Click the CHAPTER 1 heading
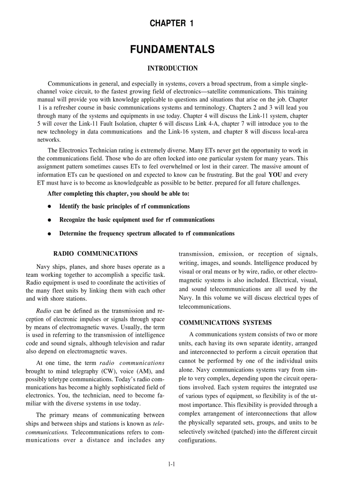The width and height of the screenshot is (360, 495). coord(172,23)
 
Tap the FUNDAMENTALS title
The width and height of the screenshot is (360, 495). coord(172,50)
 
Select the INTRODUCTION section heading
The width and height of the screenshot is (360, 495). coord(172,68)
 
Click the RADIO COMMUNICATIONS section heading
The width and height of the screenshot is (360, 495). coord(95,253)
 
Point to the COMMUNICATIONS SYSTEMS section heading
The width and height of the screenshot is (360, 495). coord(225,323)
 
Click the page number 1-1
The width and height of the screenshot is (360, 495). coord(172,464)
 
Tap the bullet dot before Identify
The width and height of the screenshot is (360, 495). coord(49,207)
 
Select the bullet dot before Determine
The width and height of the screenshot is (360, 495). coord(49,234)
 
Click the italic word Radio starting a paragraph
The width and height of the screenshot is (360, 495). coord(43,310)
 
